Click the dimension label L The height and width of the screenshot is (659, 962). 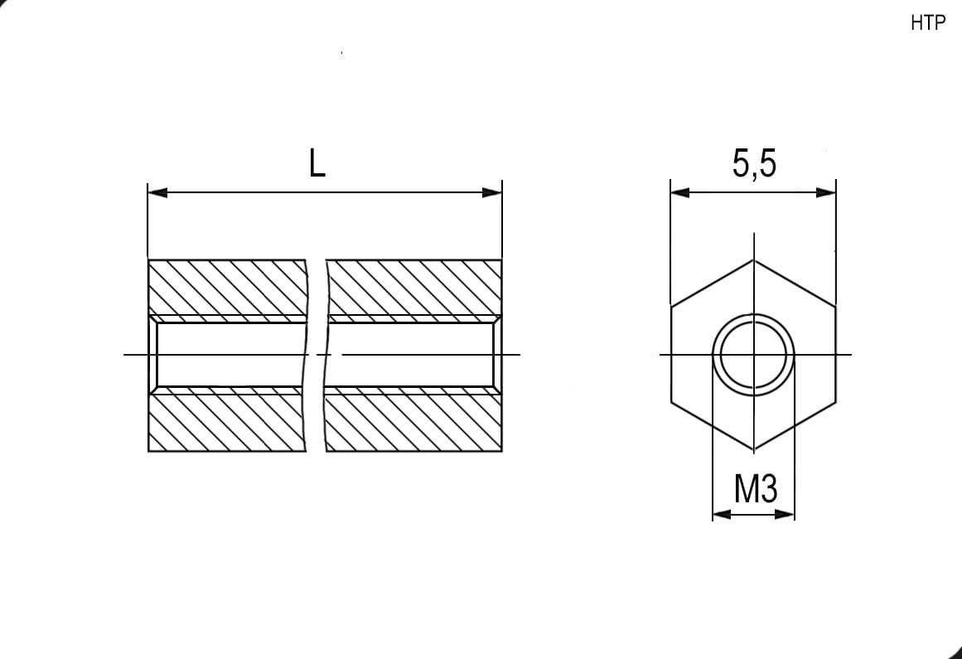(x=317, y=164)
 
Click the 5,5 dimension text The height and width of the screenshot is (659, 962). (x=754, y=164)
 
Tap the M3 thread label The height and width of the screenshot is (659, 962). (x=755, y=488)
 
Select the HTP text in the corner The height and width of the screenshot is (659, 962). (x=928, y=23)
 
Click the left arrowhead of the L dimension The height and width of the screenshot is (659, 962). (x=157, y=192)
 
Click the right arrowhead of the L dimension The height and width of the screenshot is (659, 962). (x=492, y=192)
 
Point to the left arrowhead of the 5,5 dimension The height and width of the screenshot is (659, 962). (x=680, y=192)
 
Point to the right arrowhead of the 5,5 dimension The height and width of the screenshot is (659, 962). (x=826, y=192)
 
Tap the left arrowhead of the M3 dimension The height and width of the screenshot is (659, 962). (x=722, y=514)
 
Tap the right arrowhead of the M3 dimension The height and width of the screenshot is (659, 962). (x=785, y=514)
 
